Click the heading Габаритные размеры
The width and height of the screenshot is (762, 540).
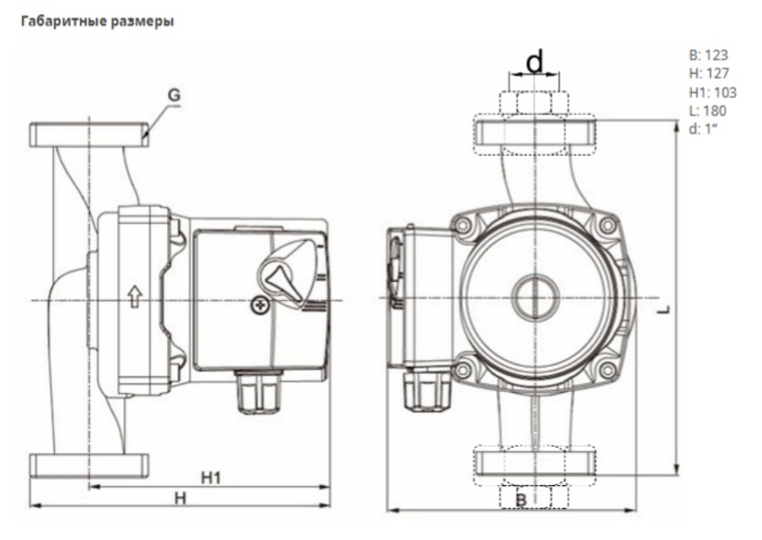click(98, 21)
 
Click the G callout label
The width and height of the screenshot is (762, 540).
click(174, 95)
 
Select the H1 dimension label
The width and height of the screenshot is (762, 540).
click(210, 478)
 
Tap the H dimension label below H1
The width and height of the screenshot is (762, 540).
click(181, 497)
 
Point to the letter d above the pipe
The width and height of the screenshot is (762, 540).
click(536, 61)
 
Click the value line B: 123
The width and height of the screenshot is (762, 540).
click(707, 56)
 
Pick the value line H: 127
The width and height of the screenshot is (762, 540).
click(708, 74)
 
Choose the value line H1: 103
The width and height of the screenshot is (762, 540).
click(712, 92)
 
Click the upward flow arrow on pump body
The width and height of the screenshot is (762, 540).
click(135, 296)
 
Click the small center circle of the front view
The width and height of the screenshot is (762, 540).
click(536, 296)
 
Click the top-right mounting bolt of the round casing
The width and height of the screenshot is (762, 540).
click(607, 225)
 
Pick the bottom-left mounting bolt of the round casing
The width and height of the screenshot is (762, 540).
click(463, 371)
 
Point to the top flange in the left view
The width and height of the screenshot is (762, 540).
click(89, 134)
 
